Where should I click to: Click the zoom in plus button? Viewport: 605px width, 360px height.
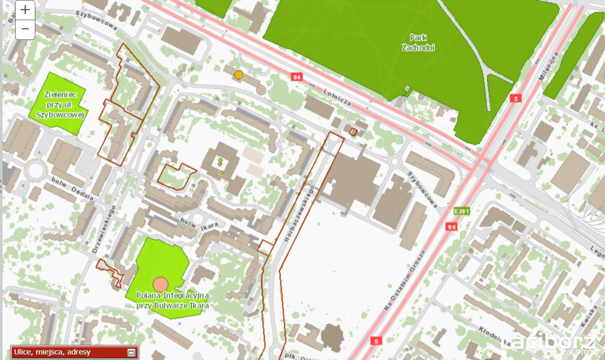pyautogui.click(x=26, y=10)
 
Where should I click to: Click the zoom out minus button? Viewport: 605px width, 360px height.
pyautogui.click(x=26, y=30)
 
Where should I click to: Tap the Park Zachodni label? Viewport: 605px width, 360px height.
pyautogui.click(x=418, y=43)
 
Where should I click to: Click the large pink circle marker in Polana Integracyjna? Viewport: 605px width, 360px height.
pyautogui.click(x=160, y=284)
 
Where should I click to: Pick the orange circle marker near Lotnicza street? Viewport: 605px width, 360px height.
pyautogui.click(x=239, y=75)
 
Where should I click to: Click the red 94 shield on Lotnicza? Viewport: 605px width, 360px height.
pyautogui.click(x=296, y=77)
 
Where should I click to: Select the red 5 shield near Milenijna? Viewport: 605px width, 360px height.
pyautogui.click(x=515, y=98)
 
